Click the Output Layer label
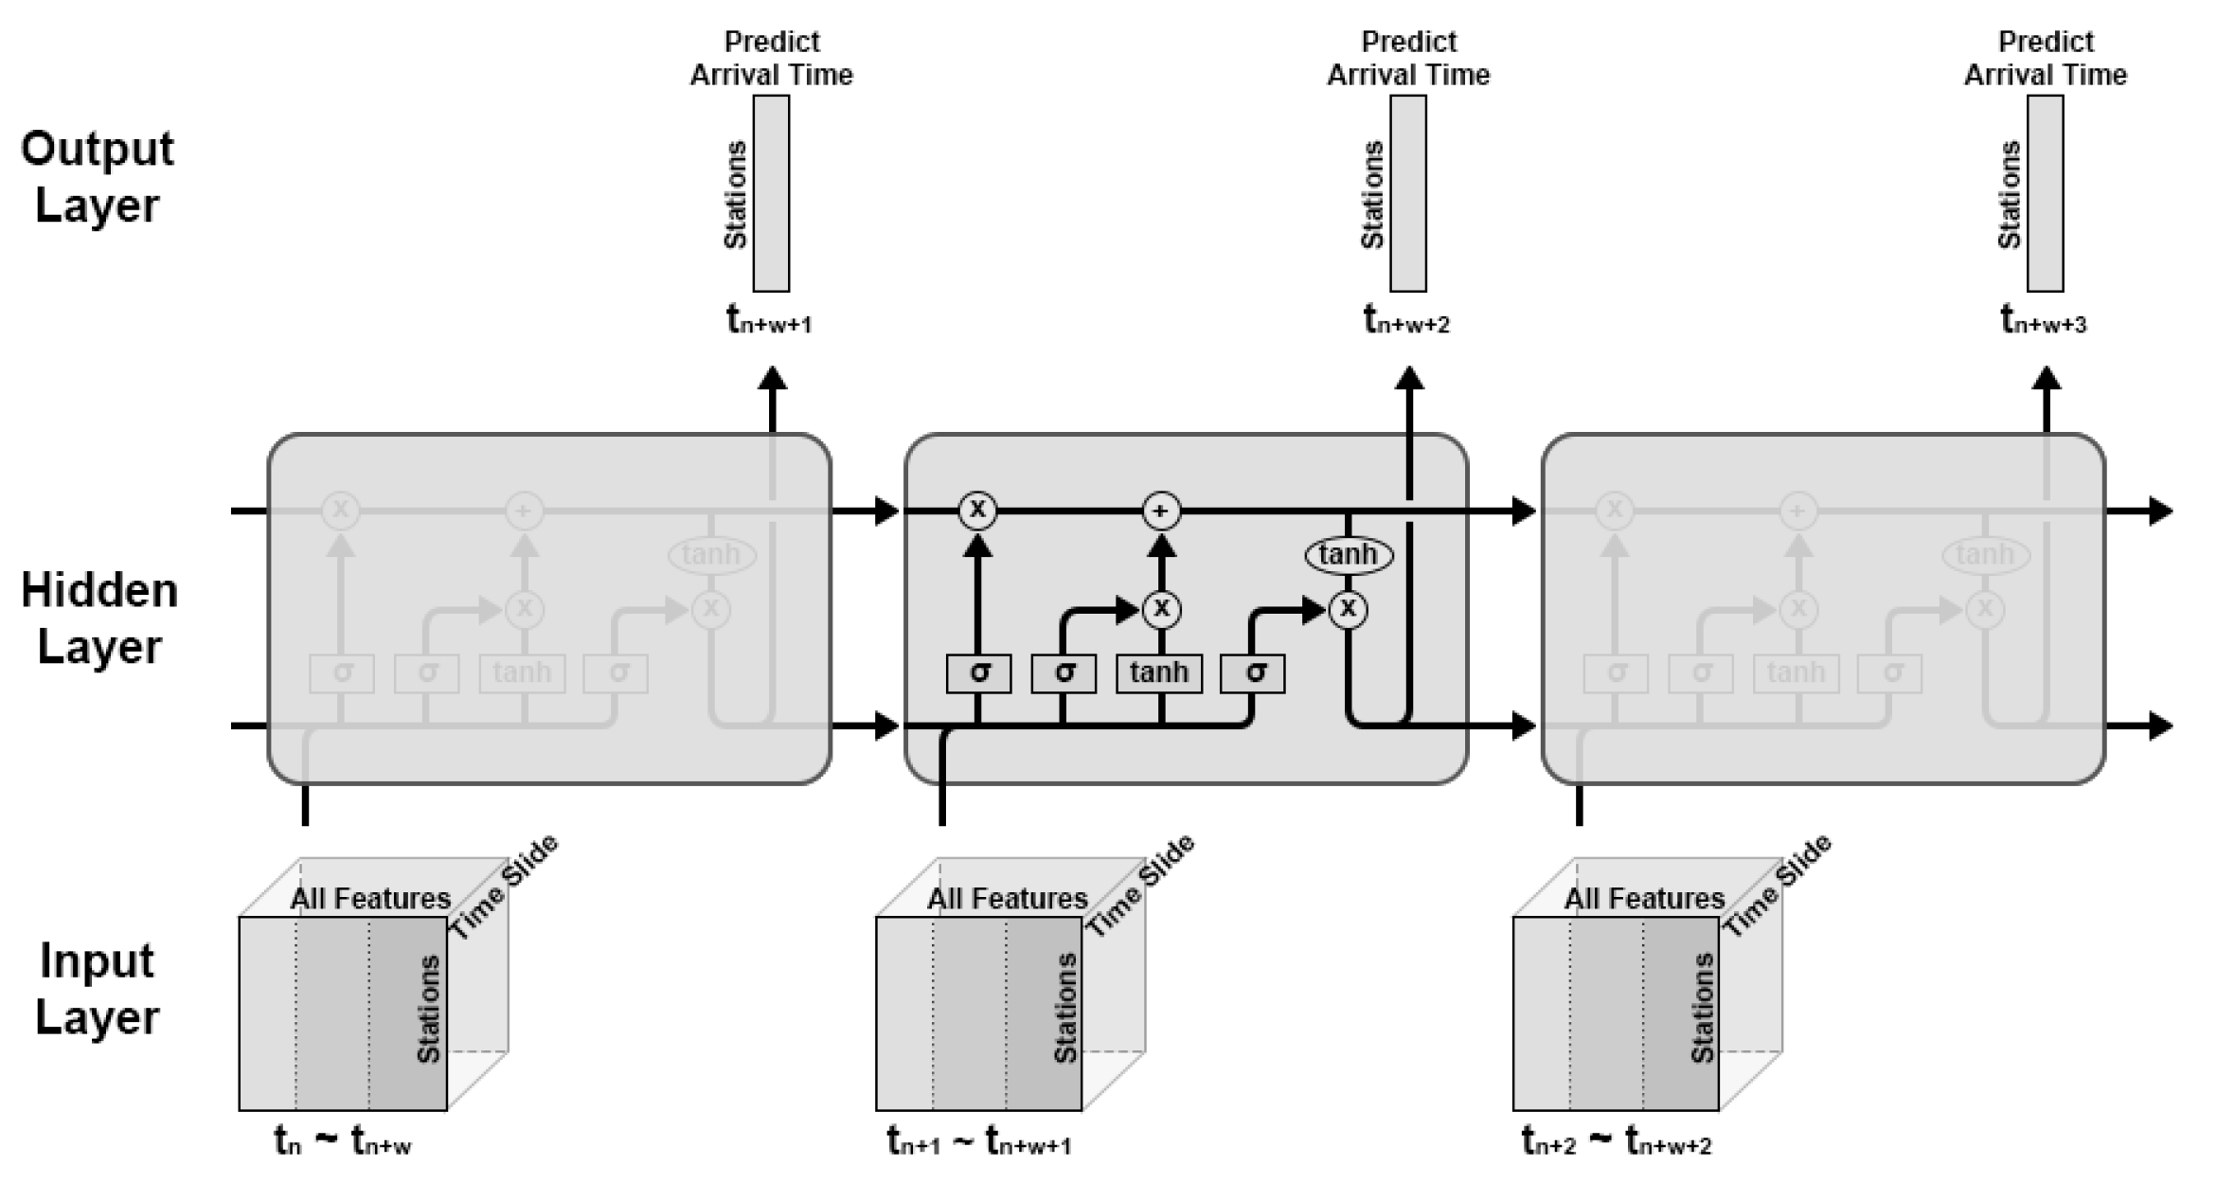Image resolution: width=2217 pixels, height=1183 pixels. click(x=98, y=177)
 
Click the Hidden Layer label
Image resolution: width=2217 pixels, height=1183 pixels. click(x=99, y=618)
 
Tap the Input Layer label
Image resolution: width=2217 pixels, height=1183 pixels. click(x=97, y=989)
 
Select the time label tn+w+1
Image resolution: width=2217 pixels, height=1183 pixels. click(x=769, y=320)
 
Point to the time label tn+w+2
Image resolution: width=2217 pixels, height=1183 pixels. click(x=1406, y=320)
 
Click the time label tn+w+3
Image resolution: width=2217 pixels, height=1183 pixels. click(x=2043, y=320)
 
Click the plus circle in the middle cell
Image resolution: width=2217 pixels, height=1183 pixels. click(x=1161, y=511)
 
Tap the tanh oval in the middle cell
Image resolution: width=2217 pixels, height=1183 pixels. click(x=1349, y=554)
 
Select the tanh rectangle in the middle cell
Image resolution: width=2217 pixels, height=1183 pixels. click(x=1159, y=673)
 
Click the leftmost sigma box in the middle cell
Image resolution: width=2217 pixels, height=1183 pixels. click(x=978, y=673)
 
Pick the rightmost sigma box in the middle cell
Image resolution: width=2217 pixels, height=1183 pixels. click(x=1253, y=673)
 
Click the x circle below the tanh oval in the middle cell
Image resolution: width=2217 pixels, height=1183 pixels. click(x=1348, y=609)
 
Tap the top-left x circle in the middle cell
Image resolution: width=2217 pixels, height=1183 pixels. click(x=977, y=511)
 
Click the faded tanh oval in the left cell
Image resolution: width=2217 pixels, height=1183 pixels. click(x=711, y=554)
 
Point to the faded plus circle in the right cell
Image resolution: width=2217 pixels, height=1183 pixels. click(x=1797, y=511)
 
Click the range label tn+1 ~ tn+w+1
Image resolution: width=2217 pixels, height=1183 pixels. click(x=979, y=1141)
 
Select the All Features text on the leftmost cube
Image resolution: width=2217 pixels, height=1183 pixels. click(x=370, y=898)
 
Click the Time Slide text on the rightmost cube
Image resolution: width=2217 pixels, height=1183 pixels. click(x=1777, y=887)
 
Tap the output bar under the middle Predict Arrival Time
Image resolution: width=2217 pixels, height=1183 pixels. click(x=1408, y=193)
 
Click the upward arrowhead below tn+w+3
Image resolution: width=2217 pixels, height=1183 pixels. click(x=2047, y=380)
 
